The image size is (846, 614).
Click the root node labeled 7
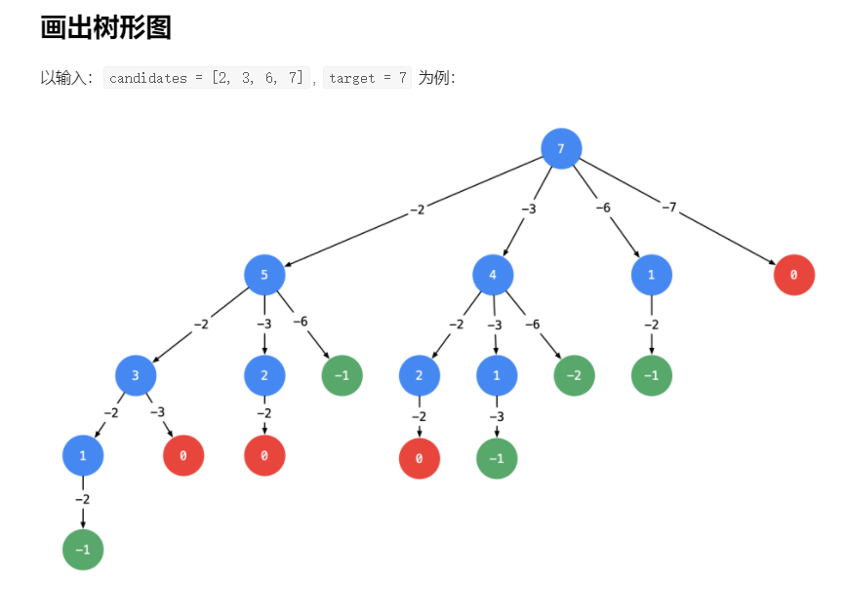click(561, 149)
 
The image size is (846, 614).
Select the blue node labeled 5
click(264, 275)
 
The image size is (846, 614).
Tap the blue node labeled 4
click(493, 275)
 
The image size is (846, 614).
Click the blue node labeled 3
click(136, 374)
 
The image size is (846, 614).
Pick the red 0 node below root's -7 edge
click(793, 276)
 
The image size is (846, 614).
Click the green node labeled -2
click(574, 375)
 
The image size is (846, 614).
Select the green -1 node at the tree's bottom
click(83, 550)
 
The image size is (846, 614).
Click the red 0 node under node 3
click(183, 455)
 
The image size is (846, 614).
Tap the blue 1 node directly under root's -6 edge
click(651, 275)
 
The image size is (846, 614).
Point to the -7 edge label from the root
click(668, 207)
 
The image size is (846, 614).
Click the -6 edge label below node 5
click(301, 322)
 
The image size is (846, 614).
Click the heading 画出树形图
click(105, 27)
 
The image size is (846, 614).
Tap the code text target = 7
click(367, 78)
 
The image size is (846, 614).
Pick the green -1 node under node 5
click(342, 375)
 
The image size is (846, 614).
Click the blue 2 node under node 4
click(420, 375)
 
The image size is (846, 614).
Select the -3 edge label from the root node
click(528, 208)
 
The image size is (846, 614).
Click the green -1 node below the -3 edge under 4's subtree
click(497, 459)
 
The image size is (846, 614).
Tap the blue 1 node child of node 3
click(83, 455)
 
